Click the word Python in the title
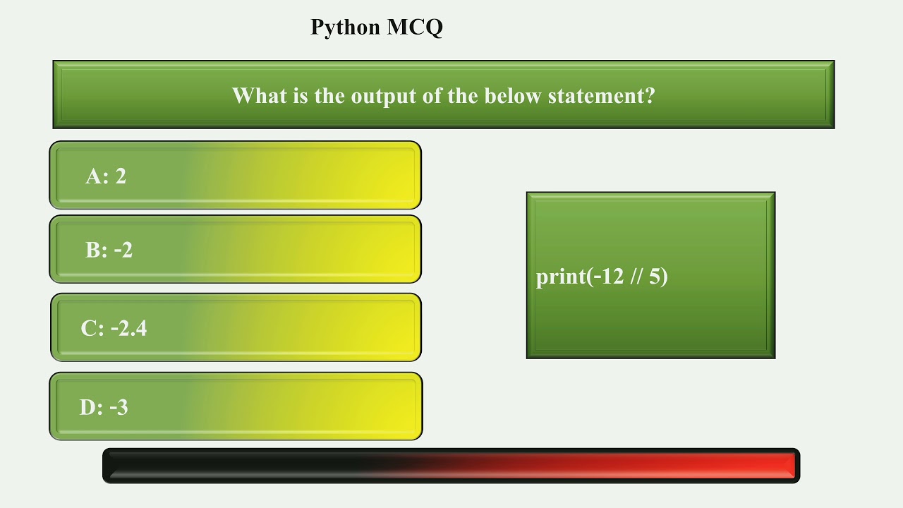pos(346,28)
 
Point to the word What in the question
pos(258,95)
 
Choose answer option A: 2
pos(235,176)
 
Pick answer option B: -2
pos(235,250)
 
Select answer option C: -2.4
pos(236,328)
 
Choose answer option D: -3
pos(236,407)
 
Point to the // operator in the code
pos(637,277)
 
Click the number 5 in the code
pos(655,277)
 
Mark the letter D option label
pos(89,407)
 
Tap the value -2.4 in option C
pos(128,328)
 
